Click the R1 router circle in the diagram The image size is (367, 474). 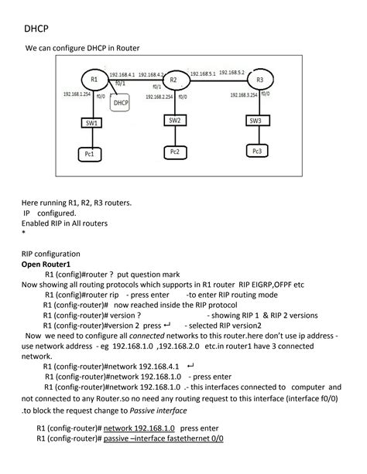[94, 80]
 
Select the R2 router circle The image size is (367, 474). [174, 80]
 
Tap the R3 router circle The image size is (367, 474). [260, 80]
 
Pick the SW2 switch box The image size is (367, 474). [174, 121]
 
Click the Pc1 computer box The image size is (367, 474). [90, 154]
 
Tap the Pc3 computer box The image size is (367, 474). [256, 150]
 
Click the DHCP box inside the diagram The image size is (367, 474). [121, 102]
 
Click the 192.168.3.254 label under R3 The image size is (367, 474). [248, 96]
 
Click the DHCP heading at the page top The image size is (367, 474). [36, 29]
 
